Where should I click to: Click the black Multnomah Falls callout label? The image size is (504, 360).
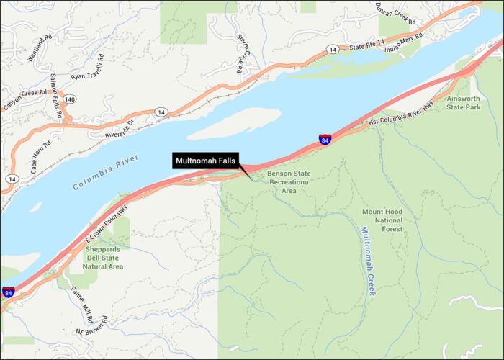pos(204,161)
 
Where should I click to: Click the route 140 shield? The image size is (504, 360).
pos(69,99)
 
